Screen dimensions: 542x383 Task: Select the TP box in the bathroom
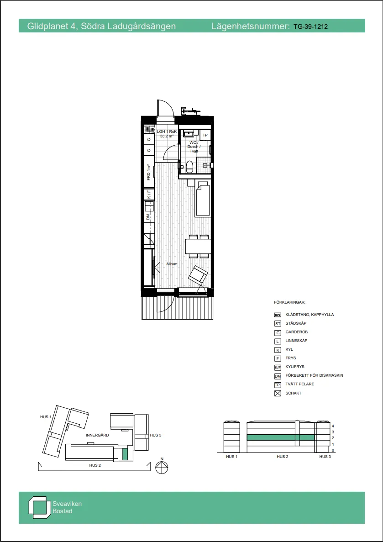[x=205, y=136]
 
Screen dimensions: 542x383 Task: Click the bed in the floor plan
[x=203, y=199]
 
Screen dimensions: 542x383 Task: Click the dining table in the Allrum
[x=198, y=247]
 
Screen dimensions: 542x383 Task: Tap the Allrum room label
[x=172, y=264]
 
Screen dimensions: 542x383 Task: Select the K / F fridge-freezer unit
[x=148, y=195]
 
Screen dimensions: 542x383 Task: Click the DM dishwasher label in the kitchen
[x=148, y=217]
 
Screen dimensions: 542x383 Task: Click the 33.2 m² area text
[x=167, y=136]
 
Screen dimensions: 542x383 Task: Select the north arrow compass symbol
[x=162, y=467]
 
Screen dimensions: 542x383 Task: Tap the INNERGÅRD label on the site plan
[x=97, y=436]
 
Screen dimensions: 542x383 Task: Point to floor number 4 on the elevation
[x=333, y=426]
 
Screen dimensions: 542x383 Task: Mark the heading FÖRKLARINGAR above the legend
[x=289, y=302]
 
